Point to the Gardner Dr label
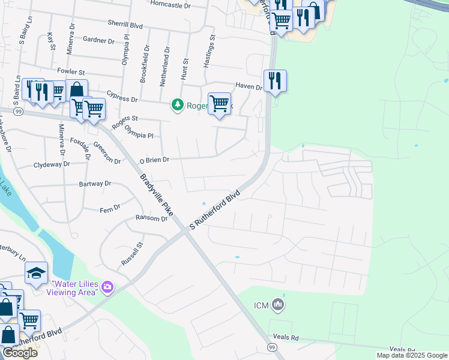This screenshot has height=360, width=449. click(99, 41)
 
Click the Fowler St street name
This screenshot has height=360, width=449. click(69, 71)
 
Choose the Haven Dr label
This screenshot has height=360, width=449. click(249, 87)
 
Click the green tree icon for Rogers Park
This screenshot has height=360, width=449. click(177, 105)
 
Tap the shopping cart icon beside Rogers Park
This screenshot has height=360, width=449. click(220, 104)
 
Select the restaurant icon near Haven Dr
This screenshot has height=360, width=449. click(275, 80)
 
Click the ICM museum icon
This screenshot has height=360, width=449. click(277, 305)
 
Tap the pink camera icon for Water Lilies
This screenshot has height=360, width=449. click(107, 287)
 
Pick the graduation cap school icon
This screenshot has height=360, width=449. click(37, 273)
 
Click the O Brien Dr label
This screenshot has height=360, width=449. click(155, 160)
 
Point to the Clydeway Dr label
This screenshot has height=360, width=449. click(52, 164)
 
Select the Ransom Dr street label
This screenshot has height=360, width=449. click(151, 218)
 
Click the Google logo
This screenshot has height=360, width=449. click(20, 353)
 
